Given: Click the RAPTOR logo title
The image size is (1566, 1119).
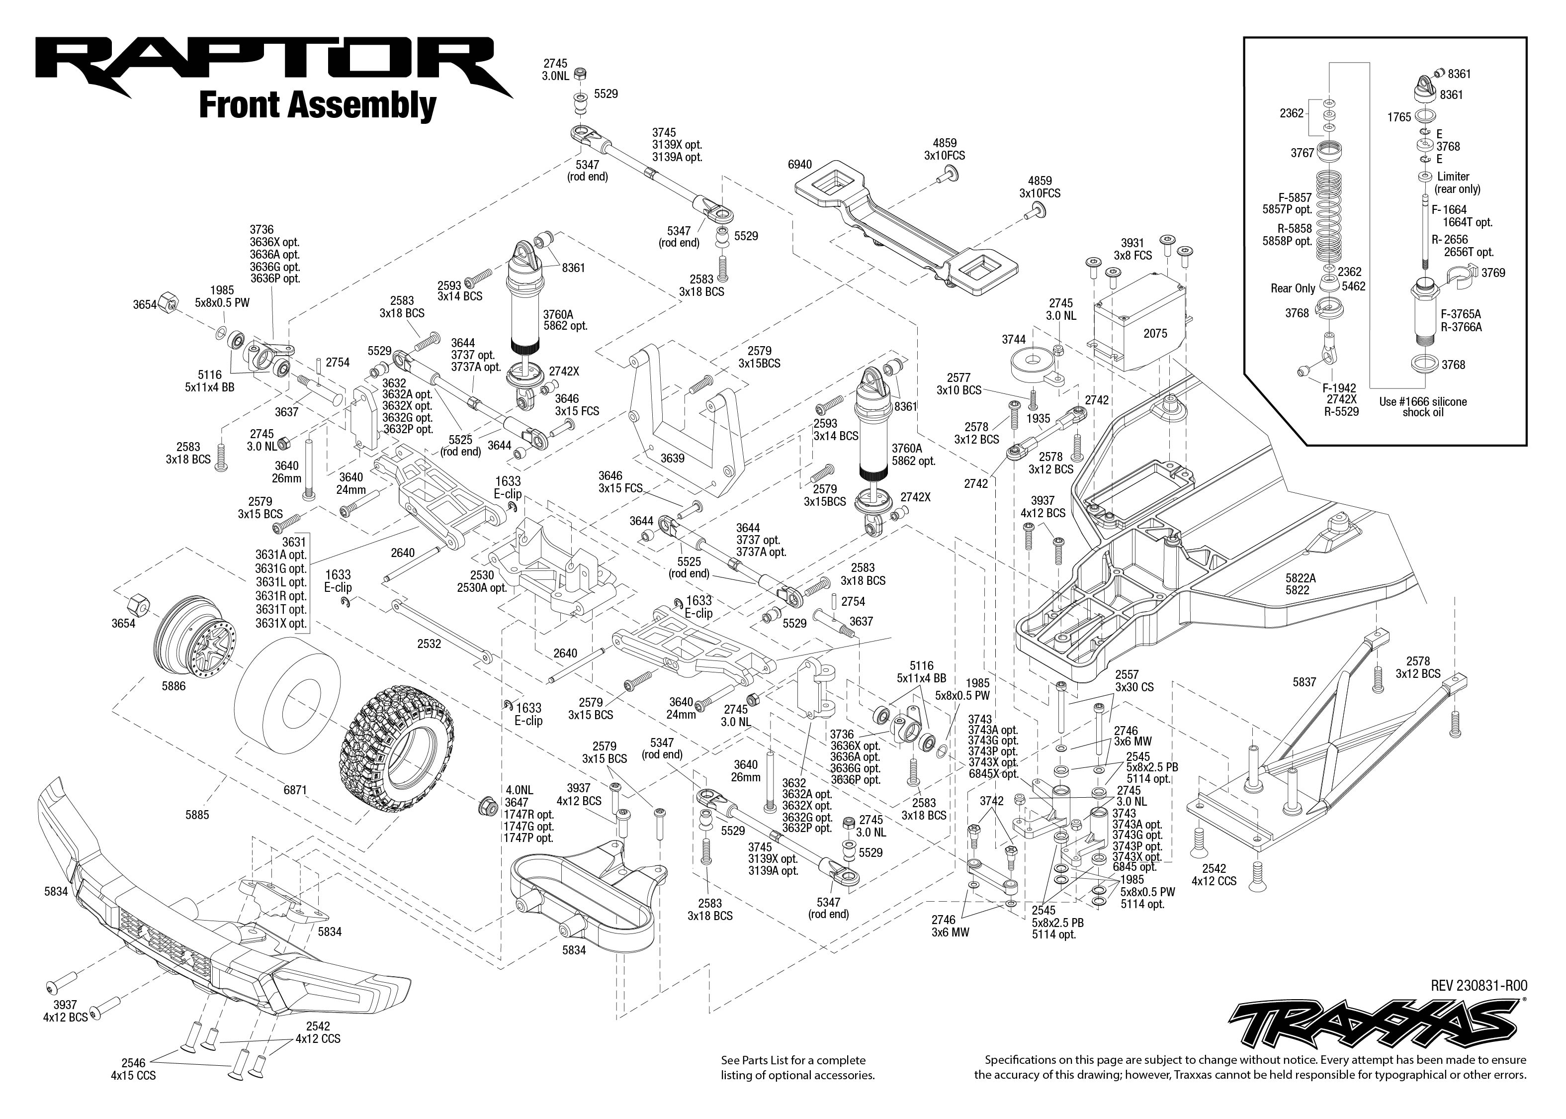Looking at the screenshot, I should point(272,68).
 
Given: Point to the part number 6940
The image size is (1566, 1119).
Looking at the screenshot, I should point(799,165).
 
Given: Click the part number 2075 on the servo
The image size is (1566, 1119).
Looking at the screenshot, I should point(1155,334).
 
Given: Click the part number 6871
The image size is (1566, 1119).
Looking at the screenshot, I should point(295,790).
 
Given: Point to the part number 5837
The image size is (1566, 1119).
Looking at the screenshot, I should point(1305,682).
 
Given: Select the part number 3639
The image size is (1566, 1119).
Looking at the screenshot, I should point(672,458).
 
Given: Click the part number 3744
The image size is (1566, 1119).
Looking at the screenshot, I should point(1014,339).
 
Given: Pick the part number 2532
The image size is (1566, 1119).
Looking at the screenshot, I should point(429,644).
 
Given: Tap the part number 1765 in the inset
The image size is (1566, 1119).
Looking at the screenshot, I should point(1398,117).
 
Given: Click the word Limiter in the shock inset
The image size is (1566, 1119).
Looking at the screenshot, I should point(1453,177).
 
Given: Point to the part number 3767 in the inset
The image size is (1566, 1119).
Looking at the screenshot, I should point(1302,153).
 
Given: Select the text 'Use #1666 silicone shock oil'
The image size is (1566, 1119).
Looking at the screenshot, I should point(1423,406).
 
